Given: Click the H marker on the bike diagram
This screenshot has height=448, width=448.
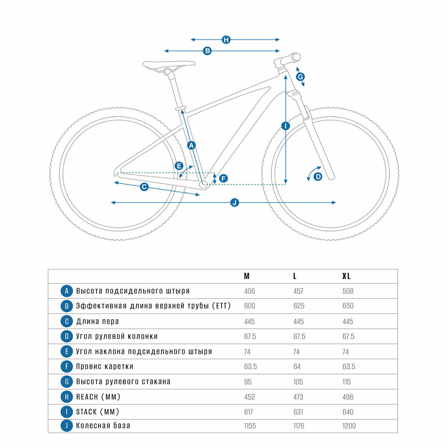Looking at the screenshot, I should tap(226, 39).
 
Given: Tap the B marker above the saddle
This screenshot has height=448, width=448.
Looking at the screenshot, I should tap(207, 51).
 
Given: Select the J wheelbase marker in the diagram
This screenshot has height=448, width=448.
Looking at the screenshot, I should tap(235, 202).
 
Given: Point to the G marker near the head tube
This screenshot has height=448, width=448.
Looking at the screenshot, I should tap(300, 77).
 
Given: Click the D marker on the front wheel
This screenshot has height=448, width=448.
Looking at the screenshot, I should tap(318, 177).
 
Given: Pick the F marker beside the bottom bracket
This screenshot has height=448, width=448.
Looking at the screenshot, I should tap(223, 178).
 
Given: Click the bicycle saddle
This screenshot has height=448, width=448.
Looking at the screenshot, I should tap(169, 64).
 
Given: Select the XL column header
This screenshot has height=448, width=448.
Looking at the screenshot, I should tap(346, 276).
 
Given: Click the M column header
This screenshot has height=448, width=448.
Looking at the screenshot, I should tap(247, 276).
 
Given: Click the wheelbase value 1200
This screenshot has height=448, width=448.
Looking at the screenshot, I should tap(349, 426).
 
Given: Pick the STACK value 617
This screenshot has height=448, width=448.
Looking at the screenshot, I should tap(248, 412).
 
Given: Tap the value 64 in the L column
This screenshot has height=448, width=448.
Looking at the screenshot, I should tap(297, 366).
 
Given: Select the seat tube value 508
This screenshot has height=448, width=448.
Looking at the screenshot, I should tap(348, 291).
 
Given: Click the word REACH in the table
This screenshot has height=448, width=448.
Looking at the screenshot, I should tap(87, 397).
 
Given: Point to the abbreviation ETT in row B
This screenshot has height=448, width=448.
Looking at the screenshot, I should tap(221, 306).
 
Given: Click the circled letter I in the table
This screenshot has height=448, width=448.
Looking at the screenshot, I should tap(67, 412).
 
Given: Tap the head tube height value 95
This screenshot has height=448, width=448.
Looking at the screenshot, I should tap(248, 382).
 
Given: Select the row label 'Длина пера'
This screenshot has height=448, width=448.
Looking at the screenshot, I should tap(97, 321).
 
